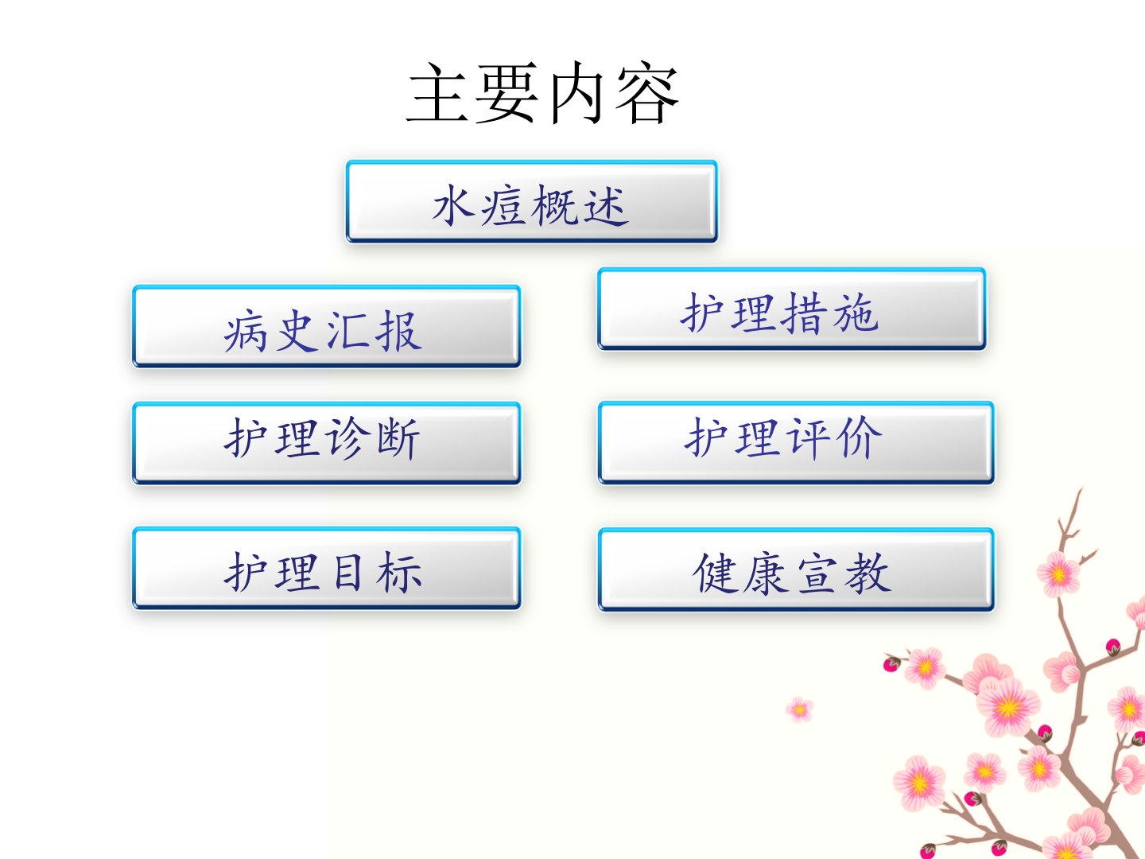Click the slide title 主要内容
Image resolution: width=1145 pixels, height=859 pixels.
pos(542,93)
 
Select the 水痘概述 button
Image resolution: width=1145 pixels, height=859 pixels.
pos(532,202)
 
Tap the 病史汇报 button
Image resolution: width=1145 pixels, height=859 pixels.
pos(327,326)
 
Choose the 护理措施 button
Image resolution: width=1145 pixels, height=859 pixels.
pos(792,309)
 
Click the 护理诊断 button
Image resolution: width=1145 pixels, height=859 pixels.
pos(327,443)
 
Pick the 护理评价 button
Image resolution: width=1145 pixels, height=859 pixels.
pos(796,443)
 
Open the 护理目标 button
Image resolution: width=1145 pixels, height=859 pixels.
pos(327,568)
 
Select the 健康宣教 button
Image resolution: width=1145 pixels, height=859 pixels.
pos(796,569)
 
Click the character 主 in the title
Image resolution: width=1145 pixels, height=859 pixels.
pos(437,93)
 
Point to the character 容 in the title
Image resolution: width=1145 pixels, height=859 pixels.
pos(646,93)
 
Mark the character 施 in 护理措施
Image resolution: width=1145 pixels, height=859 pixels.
pos(856,313)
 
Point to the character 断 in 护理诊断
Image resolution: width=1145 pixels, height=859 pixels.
pos(398,438)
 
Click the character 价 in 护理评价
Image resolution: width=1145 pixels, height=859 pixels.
pos(860,437)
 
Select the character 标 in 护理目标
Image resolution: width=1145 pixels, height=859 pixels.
pos(400,572)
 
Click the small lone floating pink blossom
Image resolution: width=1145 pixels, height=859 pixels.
pos(799,709)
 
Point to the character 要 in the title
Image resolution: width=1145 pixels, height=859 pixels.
pos(506,93)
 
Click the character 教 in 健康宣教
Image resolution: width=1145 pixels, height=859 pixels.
pos(868,573)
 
